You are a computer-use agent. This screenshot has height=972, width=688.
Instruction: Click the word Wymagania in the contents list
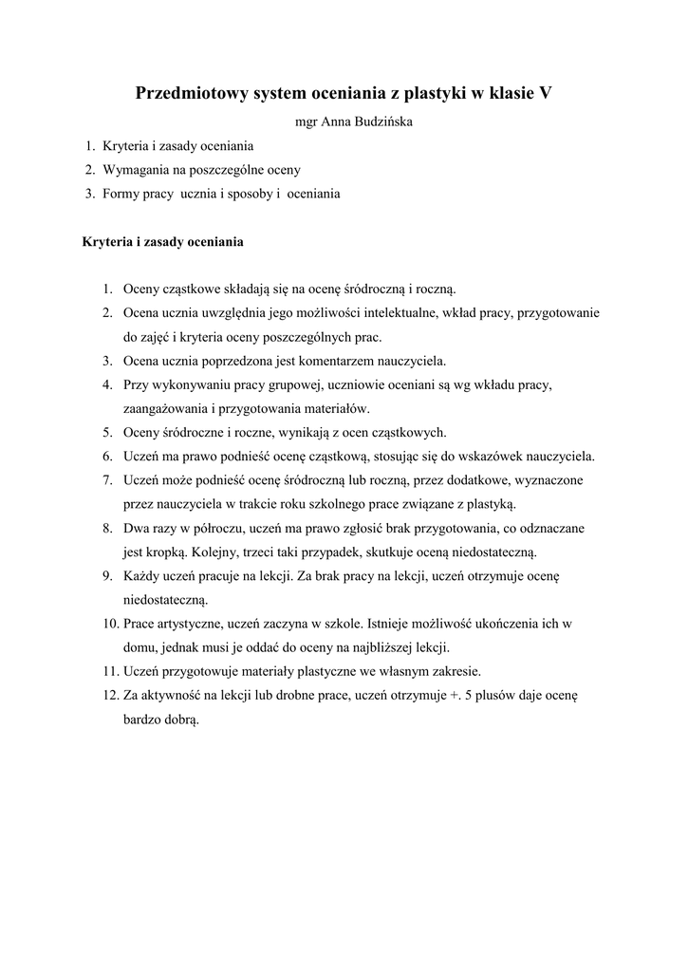tap(133, 170)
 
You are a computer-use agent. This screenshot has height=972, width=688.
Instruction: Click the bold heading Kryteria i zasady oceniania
tap(163, 241)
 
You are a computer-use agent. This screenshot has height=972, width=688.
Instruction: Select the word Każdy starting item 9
tap(143, 576)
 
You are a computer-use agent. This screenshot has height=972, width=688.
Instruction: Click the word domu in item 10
tap(139, 647)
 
